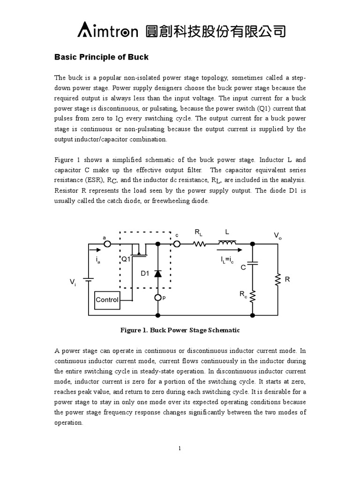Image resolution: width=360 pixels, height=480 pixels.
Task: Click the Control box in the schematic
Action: tap(107, 300)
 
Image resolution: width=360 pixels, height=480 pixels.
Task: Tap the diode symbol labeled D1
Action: tap(158, 273)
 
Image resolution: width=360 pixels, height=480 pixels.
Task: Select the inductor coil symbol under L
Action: tap(227, 242)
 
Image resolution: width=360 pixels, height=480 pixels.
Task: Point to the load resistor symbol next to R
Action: tap(277, 279)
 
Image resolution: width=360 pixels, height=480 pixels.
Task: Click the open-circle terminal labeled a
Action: tap(107, 244)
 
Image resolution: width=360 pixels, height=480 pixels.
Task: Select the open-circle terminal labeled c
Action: tap(177, 244)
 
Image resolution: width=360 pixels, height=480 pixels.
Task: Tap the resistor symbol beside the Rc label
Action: tap(253, 295)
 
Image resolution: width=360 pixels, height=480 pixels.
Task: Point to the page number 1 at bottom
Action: tap(180, 449)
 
